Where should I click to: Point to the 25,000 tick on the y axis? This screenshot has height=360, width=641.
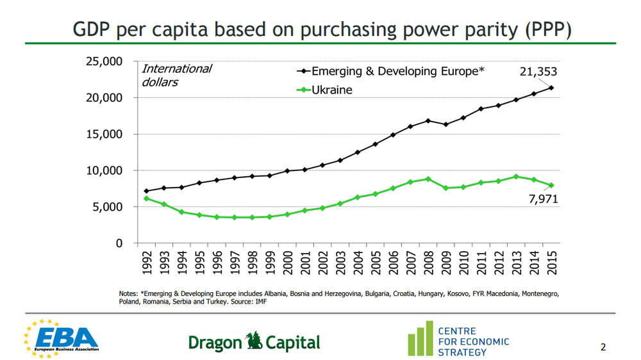pos(104,61)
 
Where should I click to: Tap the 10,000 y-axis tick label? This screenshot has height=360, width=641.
pos(104,170)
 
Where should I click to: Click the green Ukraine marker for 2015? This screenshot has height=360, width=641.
pos(551,185)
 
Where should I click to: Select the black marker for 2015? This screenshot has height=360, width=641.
pos(551,88)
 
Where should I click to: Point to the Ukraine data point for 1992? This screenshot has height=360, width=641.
pos(147,199)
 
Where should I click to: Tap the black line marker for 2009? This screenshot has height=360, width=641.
pos(445,124)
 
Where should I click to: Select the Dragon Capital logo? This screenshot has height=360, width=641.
pos(254,342)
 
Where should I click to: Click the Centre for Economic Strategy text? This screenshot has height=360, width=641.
pos(473,341)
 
